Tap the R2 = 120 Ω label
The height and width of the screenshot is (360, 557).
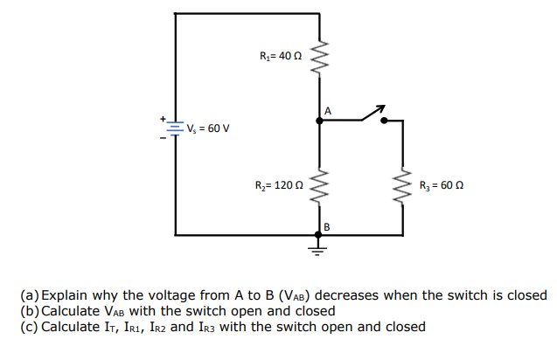[x=278, y=186]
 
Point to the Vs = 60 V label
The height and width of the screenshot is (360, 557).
[x=208, y=128]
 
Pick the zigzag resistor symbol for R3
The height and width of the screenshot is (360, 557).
[x=403, y=186]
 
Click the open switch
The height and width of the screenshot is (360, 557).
[x=372, y=114]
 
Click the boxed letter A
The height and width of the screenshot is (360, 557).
[x=328, y=111]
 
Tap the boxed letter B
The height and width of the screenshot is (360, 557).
[x=327, y=226]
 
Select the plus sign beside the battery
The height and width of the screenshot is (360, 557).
[x=162, y=118]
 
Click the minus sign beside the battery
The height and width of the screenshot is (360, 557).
[x=162, y=138]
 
